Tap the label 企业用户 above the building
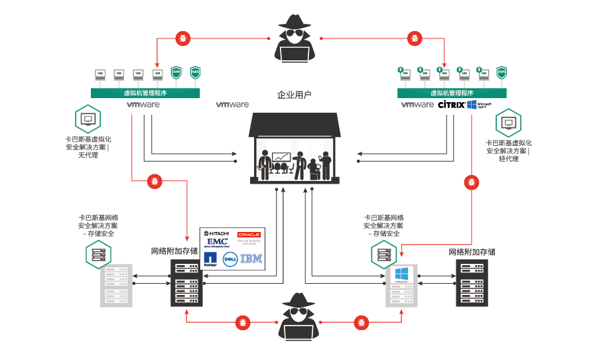[294, 95]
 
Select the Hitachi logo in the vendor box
[217, 234]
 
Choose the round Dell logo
[231, 259]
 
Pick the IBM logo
[251, 259]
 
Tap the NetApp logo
[210, 259]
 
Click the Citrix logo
[451, 105]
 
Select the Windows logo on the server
[401, 274]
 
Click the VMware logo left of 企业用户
[232, 105]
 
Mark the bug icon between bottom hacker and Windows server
[360, 322]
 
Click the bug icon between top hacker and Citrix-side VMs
[415, 38]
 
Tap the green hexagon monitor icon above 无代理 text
[88, 120]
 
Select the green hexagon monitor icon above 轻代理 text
[508, 123]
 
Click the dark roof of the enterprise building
[295, 124]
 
